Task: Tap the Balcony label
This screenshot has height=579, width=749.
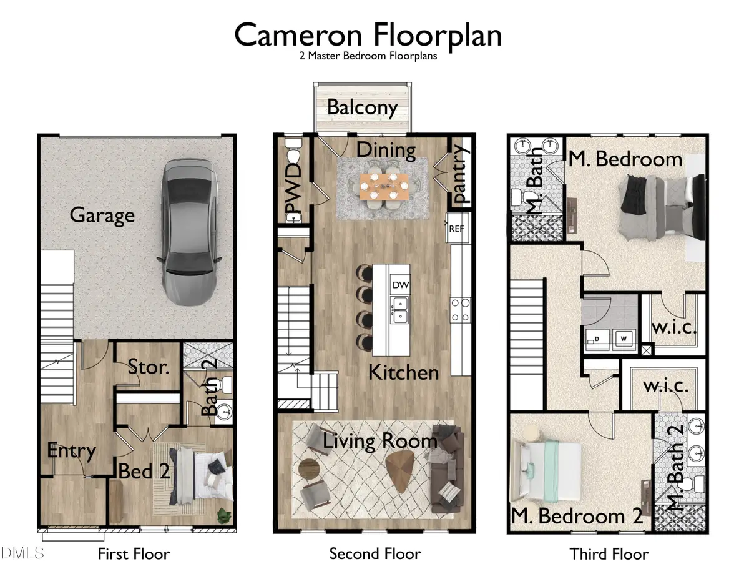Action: [x=362, y=107]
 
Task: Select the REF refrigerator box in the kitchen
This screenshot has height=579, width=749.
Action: [x=456, y=229]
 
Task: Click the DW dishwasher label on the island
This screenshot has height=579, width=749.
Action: [x=399, y=285]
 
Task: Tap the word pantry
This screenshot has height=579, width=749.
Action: [x=460, y=174]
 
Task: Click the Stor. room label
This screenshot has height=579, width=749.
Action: [x=149, y=367]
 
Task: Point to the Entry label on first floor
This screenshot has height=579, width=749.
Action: [x=72, y=450]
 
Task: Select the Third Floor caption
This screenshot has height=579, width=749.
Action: [x=609, y=553]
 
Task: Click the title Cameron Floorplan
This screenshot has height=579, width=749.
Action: [x=368, y=36]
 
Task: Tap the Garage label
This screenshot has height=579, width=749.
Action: [x=102, y=215]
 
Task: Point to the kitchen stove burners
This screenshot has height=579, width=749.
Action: [x=461, y=310]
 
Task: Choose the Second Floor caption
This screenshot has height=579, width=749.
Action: [x=374, y=553]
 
